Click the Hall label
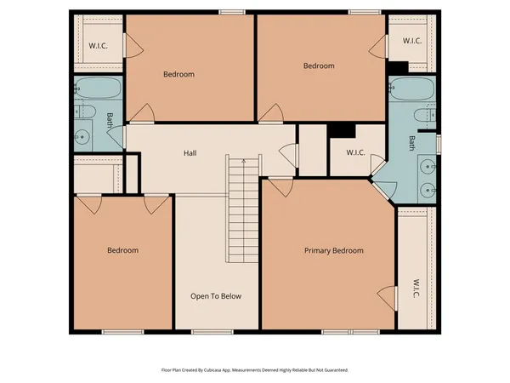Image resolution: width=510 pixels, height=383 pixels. (x=191, y=153)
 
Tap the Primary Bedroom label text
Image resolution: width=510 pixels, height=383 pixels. (x=334, y=250)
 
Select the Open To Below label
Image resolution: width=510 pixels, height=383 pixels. (x=216, y=296)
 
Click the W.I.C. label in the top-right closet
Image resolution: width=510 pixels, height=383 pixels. (x=412, y=40)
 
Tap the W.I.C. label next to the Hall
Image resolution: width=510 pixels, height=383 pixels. (x=356, y=153)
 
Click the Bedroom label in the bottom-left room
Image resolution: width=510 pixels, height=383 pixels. (x=122, y=250)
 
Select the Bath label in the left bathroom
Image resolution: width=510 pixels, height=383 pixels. (x=110, y=121)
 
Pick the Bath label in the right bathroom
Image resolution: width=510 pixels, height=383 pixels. (x=413, y=144)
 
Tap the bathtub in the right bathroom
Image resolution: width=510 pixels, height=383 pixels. (x=411, y=87)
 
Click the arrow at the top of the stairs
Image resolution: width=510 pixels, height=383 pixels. (x=243, y=159)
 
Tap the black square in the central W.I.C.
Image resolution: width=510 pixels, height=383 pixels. (x=342, y=129)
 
